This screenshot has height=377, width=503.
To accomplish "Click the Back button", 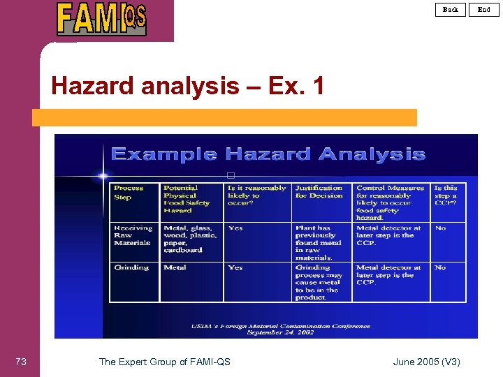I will (451, 9).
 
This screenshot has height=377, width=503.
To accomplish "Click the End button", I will (484, 9).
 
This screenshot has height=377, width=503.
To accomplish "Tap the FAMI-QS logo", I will (102, 19).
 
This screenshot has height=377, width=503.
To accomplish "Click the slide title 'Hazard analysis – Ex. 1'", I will (188, 86).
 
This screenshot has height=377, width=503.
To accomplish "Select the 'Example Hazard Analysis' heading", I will (268, 154).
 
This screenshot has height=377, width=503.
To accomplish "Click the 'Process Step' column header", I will (129, 193).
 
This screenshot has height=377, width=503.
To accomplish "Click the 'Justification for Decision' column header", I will (319, 192).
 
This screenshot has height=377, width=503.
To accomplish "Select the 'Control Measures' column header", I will (390, 202).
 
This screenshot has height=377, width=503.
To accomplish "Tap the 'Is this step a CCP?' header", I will (446, 195).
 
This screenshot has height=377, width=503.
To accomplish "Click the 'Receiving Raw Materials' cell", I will (132, 235).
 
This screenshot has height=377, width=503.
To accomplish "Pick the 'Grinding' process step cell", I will (131, 267).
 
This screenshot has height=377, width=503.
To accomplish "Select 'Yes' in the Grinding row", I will (235, 267).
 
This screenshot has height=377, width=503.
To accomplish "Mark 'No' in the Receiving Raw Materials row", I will (440, 228).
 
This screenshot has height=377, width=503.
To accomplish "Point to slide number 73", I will (21, 362).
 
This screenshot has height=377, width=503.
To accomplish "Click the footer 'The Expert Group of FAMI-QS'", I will (164, 362).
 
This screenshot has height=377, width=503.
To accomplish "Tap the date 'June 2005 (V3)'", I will (426, 362).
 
